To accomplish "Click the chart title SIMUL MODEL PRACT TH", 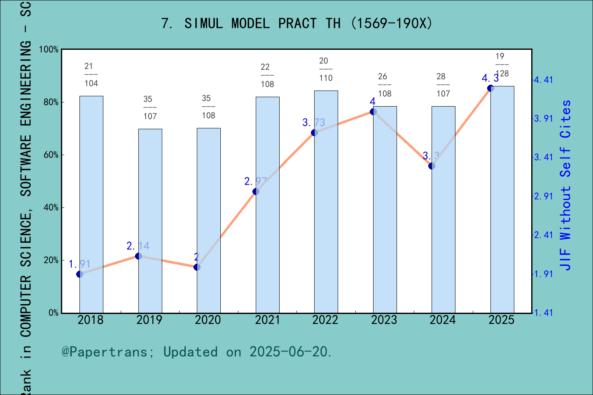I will (296, 23).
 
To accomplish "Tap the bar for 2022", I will (326, 202).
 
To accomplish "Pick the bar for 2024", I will (443, 209).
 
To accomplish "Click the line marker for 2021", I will (256, 192).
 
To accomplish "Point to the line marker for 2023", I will (373, 112).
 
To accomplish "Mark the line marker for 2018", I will (80, 274).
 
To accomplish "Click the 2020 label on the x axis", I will (208, 320).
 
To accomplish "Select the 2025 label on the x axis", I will (501, 320).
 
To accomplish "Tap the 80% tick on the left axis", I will (51, 102).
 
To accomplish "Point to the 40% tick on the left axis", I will (51, 208).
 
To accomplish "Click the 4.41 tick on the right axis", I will (543, 80).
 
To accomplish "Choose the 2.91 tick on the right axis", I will (543, 196).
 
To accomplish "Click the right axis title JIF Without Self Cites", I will (565, 185).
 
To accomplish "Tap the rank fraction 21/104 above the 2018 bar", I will (91, 75).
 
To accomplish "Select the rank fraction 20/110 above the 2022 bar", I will (326, 70).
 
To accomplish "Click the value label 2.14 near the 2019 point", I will (138, 246).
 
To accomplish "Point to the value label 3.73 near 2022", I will (314, 123).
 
